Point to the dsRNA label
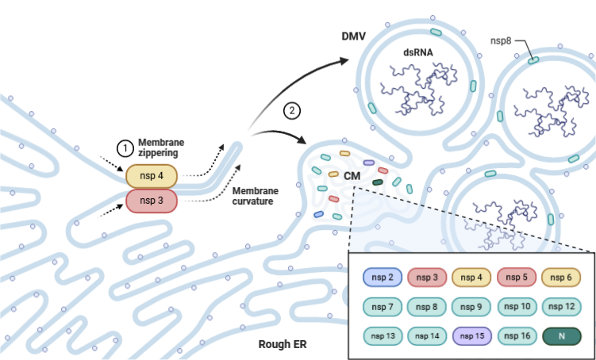(419, 54)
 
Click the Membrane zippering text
(163, 146)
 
